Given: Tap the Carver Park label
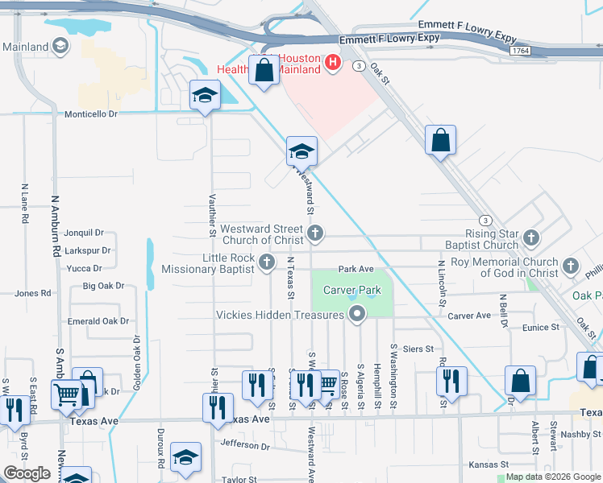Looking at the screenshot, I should click(x=352, y=290).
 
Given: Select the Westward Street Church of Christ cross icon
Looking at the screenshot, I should click(x=315, y=234).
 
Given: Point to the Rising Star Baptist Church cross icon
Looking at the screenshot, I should click(x=530, y=237).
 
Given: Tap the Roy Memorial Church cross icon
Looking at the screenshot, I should click(x=571, y=266).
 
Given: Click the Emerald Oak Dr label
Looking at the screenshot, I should click(x=98, y=321).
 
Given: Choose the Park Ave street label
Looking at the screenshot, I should click(x=356, y=269).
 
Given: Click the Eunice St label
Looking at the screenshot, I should click(x=540, y=328).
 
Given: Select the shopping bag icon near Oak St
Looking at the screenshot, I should click(x=441, y=141).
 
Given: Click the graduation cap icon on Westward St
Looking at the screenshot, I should click(x=301, y=151).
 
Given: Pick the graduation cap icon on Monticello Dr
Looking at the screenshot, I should click(x=205, y=96).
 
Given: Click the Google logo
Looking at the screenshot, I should click(x=27, y=473).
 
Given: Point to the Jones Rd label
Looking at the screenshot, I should click(x=32, y=294).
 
